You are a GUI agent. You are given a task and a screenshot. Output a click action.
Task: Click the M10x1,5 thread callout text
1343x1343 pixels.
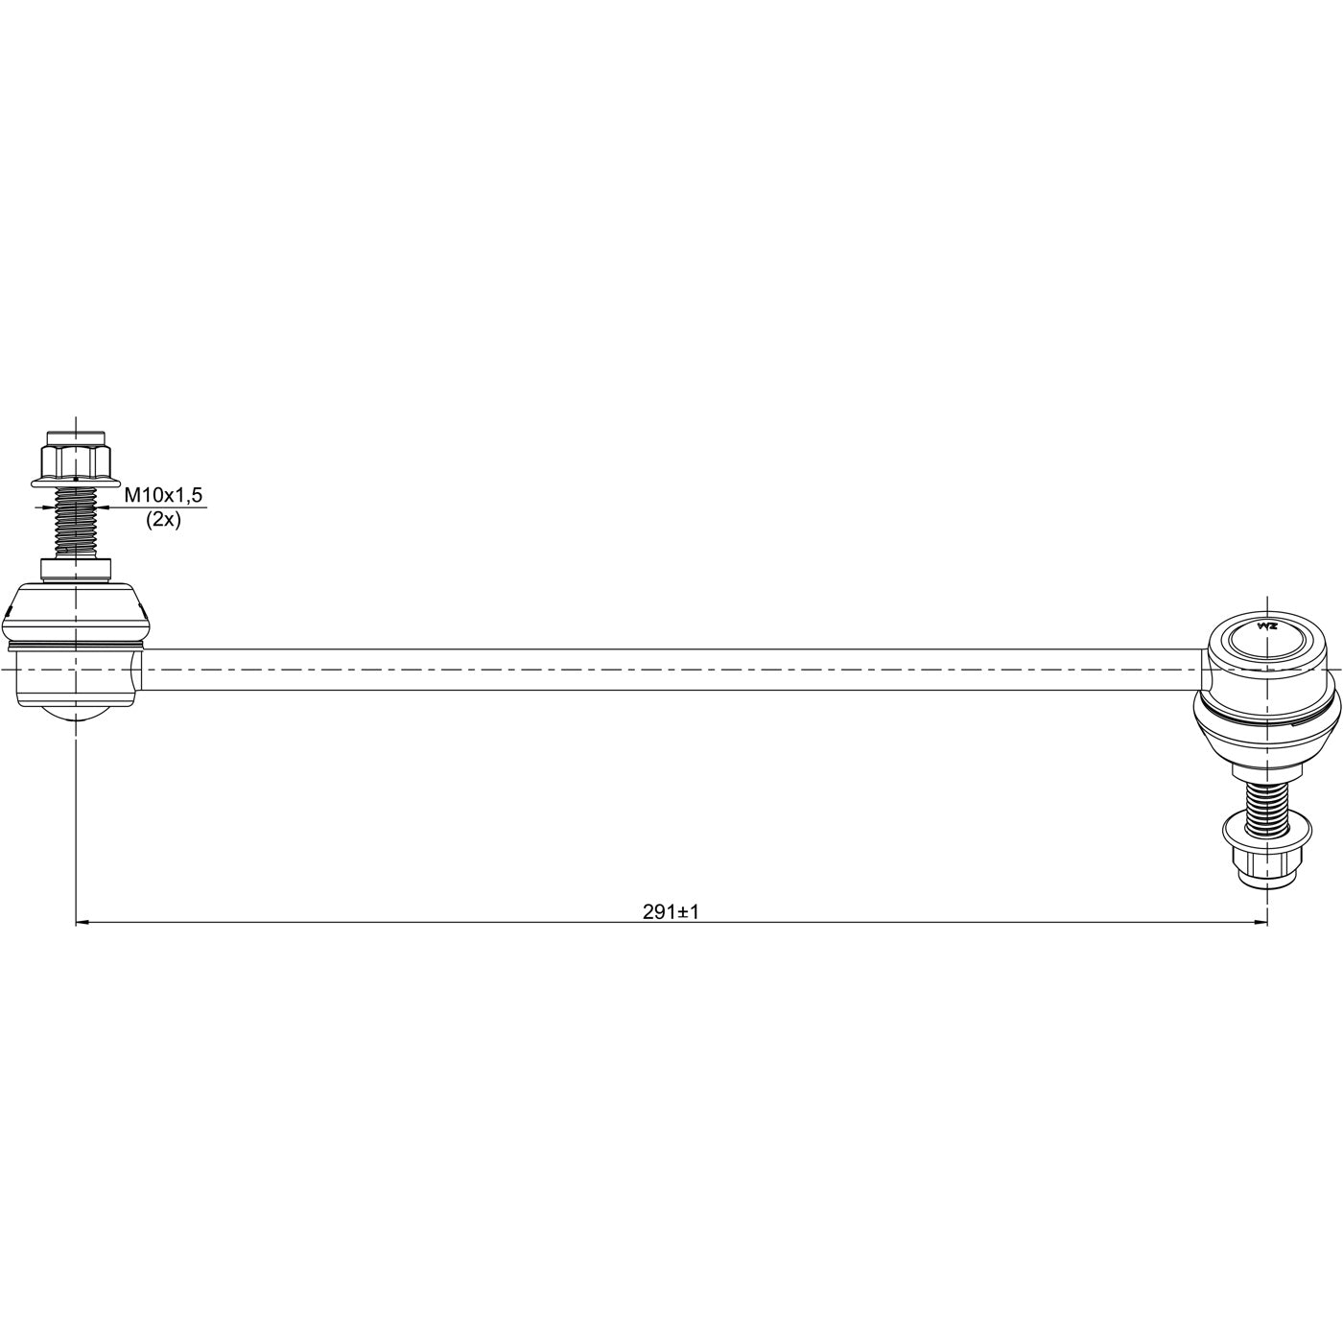pyautogui.click(x=163, y=496)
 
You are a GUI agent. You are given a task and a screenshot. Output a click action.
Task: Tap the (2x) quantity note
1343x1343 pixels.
pyautogui.click(x=163, y=520)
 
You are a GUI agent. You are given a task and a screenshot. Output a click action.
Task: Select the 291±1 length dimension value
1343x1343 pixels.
pyautogui.click(x=671, y=911)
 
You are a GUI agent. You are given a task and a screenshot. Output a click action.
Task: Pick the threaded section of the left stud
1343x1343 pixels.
pyautogui.click(x=75, y=522)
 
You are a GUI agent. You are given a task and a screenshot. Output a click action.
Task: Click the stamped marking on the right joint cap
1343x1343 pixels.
pyautogui.click(x=1266, y=625)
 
